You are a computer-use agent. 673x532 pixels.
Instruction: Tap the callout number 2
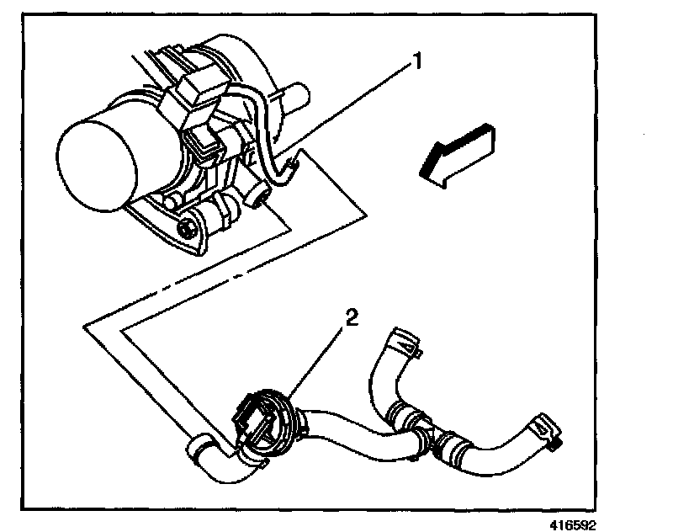click(x=352, y=318)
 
